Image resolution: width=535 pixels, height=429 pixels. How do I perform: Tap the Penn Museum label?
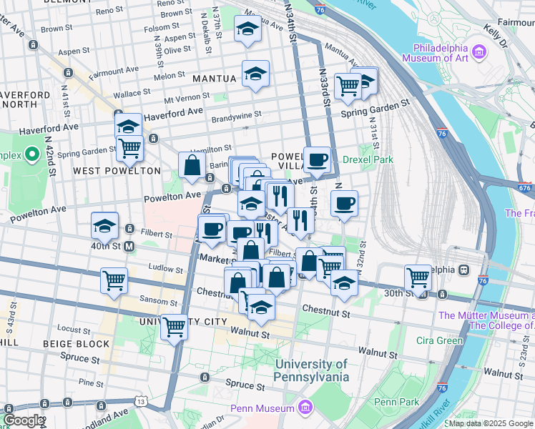(x=262, y=408)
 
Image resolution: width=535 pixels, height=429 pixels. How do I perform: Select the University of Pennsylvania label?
(x=313, y=370)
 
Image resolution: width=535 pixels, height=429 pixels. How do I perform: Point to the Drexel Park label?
(x=368, y=159)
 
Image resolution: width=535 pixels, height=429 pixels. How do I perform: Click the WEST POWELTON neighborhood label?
(x=117, y=171)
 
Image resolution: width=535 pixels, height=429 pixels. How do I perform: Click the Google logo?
(x=23, y=420)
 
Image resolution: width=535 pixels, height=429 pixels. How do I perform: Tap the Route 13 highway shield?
(x=141, y=403)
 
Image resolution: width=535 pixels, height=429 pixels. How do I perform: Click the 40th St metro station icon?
(x=129, y=247)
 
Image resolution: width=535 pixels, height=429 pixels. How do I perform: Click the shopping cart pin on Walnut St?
(x=174, y=327)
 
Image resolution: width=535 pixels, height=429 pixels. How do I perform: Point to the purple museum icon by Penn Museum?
(x=306, y=408)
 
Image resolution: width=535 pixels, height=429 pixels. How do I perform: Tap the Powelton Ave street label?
(x=172, y=195)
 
